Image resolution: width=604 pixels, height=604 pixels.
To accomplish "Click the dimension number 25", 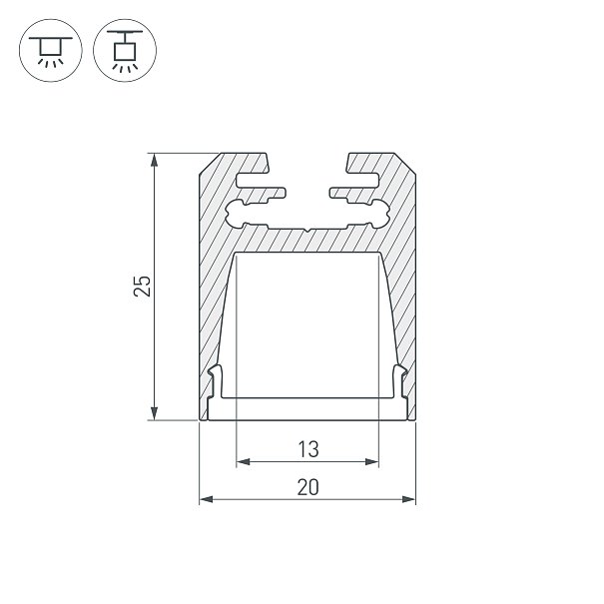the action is pyautogui.click(x=142, y=286).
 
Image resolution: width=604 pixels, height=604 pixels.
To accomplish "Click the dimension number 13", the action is pyautogui.click(x=308, y=449).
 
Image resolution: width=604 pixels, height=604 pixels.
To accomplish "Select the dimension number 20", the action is pyautogui.click(x=308, y=487).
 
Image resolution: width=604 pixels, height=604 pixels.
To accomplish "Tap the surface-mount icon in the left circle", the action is pyautogui.click(x=51, y=50).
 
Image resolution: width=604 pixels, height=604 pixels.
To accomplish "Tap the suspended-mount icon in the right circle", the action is pyautogui.click(x=125, y=50).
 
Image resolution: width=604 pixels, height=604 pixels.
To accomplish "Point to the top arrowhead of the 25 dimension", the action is pyautogui.click(x=154, y=160).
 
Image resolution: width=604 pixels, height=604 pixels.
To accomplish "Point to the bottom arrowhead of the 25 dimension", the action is pyautogui.click(x=154, y=413).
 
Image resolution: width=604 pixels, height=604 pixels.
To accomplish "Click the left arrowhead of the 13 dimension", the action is pyautogui.click(x=243, y=461).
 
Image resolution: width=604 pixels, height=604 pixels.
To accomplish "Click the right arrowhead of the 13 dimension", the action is pyautogui.click(x=372, y=461).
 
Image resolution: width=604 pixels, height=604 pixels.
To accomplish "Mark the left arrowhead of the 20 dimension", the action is pyautogui.click(x=206, y=499).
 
